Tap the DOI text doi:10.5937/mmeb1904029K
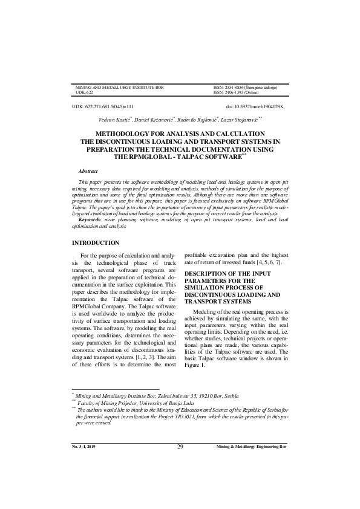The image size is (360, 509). coord(254,106)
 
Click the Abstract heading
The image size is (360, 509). coord(88,172)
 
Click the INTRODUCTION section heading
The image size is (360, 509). coord(96,243)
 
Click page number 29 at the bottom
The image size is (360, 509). coord(180,447)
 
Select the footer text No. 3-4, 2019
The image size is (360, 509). coord(85,447)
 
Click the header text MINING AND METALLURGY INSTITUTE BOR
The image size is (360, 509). coord(119,88)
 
